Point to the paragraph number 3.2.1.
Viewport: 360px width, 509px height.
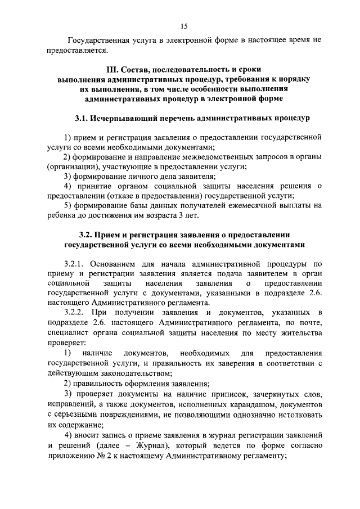pos(75,263)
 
